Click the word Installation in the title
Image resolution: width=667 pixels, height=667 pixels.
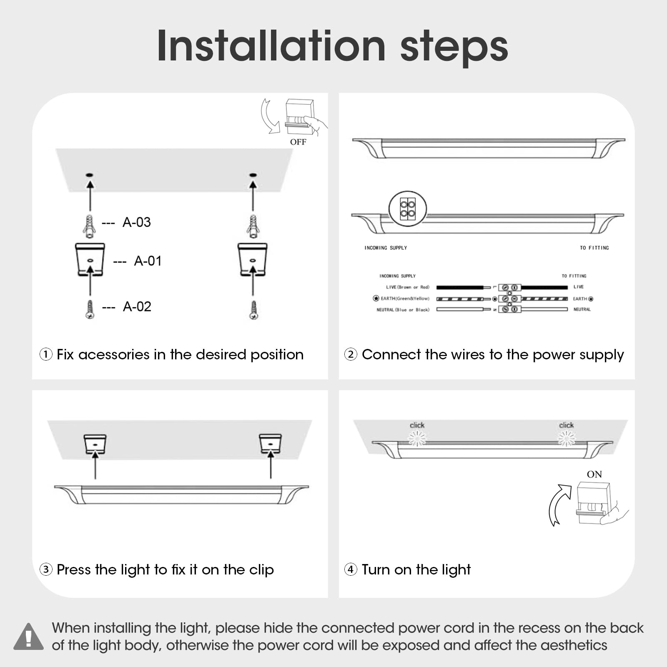click(271, 46)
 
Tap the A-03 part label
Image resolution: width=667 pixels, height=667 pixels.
click(137, 222)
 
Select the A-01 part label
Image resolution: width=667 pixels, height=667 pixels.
click(148, 261)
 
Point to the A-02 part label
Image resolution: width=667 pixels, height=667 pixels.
click(137, 307)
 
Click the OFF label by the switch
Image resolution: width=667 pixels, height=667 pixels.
click(298, 142)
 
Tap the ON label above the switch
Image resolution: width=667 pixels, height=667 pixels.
click(594, 474)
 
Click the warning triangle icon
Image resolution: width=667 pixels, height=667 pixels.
click(28, 637)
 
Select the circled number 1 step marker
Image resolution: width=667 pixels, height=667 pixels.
click(46, 355)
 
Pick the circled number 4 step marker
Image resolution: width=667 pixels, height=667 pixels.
click(351, 569)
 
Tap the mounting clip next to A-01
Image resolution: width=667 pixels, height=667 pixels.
click(90, 260)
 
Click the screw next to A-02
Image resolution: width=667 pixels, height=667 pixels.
click(90, 310)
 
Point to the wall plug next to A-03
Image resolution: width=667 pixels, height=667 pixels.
click(89, 226)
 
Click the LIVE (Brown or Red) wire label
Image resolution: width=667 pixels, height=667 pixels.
click(407, 287)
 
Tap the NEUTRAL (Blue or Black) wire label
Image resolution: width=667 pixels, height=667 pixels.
click(403, 310)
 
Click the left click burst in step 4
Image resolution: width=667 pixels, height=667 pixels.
click(417, 438)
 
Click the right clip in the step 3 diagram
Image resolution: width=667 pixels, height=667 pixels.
click(271, 444)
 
